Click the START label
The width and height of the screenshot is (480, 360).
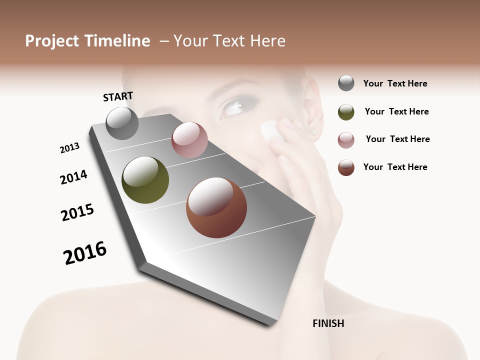click(118, 96)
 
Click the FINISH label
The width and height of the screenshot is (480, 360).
click(328, 323)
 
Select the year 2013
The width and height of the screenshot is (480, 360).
click(69, 148)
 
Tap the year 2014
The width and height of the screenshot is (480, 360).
click(73, 177)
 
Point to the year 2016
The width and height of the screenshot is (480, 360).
click(85, 253)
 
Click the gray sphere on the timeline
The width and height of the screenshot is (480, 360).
click(122, 123)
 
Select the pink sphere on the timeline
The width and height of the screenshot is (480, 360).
click(189, 139)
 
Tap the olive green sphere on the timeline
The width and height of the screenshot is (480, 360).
click(145, 180)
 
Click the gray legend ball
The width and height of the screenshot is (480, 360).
click(346, 83)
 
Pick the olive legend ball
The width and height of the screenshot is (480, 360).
click(346, 112)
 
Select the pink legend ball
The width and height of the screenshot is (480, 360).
click(346, 140)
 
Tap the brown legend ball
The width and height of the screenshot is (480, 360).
click(346, 167)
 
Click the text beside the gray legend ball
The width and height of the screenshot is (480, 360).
click(395, 83)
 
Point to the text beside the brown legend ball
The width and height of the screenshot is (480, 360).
click(395, 167)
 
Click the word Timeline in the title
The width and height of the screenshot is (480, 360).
click(117, 41)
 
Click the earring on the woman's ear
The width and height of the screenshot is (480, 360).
click(314, 132)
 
